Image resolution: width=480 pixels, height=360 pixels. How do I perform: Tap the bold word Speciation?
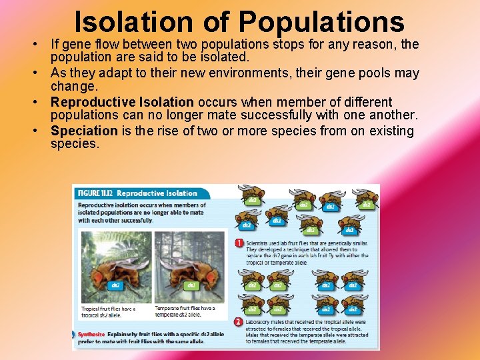(x=84, y=131)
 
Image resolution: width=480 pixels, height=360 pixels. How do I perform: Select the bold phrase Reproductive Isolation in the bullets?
(x=122, y=102)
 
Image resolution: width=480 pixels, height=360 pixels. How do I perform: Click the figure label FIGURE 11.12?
(x=95, y=193)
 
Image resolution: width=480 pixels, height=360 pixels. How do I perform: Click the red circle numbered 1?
(x=239, y=243)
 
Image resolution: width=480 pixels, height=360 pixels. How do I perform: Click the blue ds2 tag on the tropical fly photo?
(x=115, y=285)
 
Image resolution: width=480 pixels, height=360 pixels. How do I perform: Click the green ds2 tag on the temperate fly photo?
(x=191, y=285)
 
